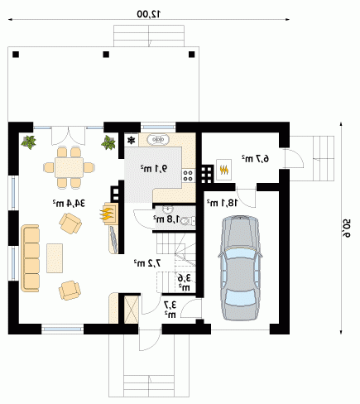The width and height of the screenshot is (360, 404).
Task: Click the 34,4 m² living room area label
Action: pyautogui.click(x=69, y=204)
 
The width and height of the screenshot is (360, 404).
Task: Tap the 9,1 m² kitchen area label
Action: pyautogui.click(x=154, y=168)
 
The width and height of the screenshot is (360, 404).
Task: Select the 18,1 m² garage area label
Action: pyautogui.click(x=222, y=203)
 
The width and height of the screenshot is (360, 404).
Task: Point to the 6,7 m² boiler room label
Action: pyautogui.click(x=256, y=159)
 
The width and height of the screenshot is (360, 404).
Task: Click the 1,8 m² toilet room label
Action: pyautogui.click(x=166, y=219)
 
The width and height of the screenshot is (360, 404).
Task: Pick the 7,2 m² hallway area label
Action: pyautogui.click(x=147, y=263)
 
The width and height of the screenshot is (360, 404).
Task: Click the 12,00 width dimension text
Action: pyautogui.click(x=149, y=14)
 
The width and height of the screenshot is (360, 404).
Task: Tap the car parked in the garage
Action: pyautogui.click(x=240, y=268)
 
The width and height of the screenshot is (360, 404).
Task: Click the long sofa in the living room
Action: pyautogui.click(x=30, y=258)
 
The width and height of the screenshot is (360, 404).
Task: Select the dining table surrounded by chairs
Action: pyautogui.click(x=69, y=167)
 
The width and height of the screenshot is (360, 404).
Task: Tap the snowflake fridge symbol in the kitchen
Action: pyautogui.click(x=132, y=140)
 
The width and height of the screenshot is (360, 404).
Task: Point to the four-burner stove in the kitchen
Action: pyautogui.click(x=188, y=176)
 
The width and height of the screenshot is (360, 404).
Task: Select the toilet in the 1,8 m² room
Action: pyautogui.click(x=188, y=221)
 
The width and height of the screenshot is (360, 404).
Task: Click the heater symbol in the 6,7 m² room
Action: pyautogui.click(x=224, y=170)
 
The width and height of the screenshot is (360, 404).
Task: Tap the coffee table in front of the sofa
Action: pyautogui.click(x=55, y=258)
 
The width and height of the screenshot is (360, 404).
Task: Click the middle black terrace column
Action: pyautogui.click(x=106, y=55)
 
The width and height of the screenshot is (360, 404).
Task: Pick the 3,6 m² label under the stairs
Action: pyautogui.click(x=185, y=282)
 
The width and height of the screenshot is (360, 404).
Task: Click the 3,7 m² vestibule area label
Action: pyautogui.click(x=170, y=309)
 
